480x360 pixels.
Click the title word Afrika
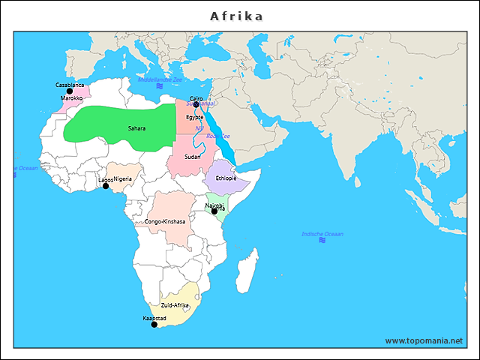[236, 16]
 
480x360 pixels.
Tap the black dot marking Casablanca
[70, 91]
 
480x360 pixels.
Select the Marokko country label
[72, 98]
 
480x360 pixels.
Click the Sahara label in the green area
[136, 128]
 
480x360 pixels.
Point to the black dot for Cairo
[196, 105]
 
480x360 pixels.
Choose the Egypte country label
[195, 117]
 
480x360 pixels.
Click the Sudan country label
[193, 157]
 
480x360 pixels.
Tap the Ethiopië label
[226, 178]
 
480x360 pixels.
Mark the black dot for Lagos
[106, 185]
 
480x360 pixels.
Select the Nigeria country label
[123, 178]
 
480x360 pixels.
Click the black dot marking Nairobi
[214, 211]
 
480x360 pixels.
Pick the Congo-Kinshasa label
[165, 222]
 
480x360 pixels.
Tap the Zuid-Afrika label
[175, 305]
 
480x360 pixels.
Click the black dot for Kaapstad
[154, 325]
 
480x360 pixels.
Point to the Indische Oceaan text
[322, 234]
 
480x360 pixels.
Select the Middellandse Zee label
[160, 79]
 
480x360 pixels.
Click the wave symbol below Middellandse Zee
[159, 87]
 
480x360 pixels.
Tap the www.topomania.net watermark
[424, 340]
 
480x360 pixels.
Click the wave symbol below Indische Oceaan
[322, 241]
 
